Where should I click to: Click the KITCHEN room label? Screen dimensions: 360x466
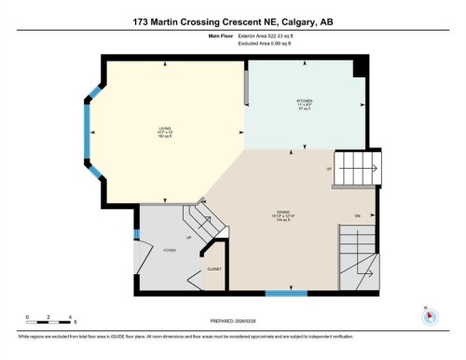[x=304, y=101]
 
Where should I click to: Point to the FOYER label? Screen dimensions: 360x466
[x=170, y=251]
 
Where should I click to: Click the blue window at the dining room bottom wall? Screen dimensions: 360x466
[x=286, y=293]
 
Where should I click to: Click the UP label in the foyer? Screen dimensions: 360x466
[x=190, y=237]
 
